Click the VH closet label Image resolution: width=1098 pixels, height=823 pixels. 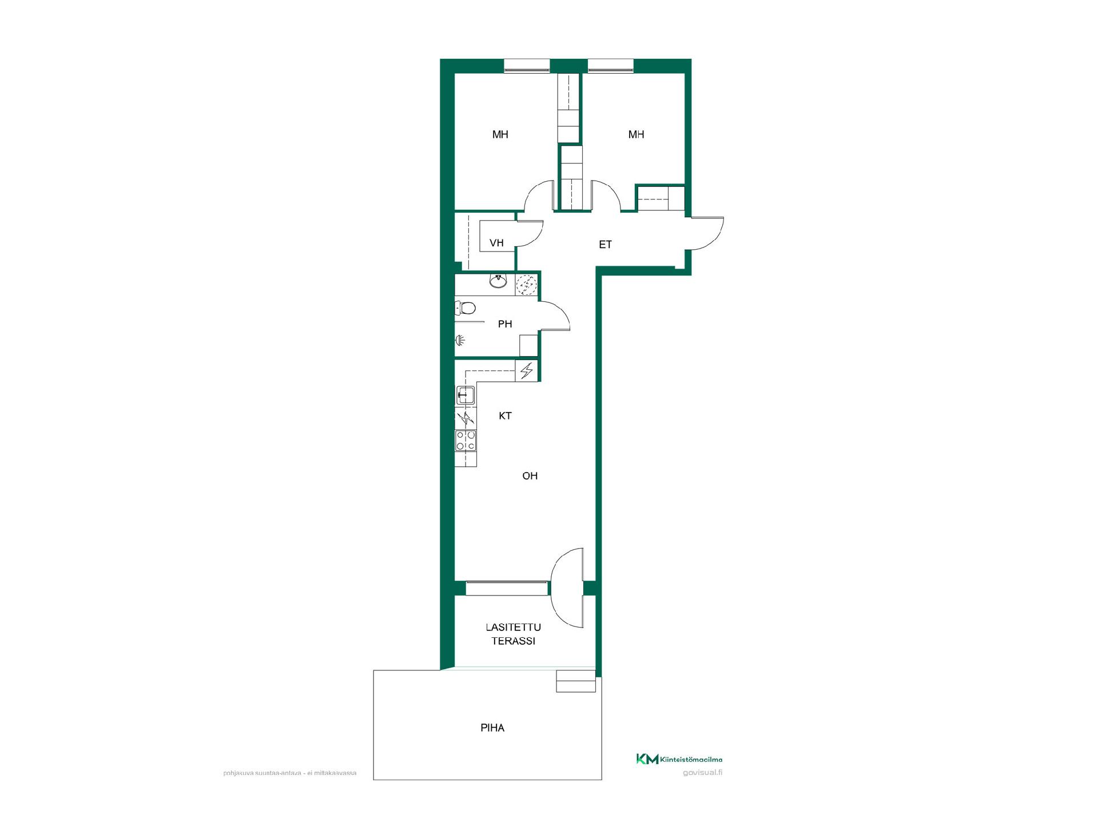point(496,243)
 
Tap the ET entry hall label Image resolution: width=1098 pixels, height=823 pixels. point(605,245)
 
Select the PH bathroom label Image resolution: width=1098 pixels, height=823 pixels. point(505,324)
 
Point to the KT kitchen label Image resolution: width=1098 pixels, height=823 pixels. point(505,416)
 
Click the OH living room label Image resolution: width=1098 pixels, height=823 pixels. point(530,476)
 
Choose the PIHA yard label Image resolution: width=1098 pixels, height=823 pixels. point(492,728)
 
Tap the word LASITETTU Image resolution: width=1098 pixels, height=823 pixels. point(514,627)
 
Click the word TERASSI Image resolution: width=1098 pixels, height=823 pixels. point(514,641)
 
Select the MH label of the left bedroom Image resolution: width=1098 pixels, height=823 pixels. point(500,134)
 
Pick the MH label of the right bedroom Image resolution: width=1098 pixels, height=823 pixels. point(636,134)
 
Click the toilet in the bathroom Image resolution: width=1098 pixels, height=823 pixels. point(466,309)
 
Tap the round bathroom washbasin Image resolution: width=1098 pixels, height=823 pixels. point(499,281)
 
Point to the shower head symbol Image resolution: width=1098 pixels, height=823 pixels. point(460,341)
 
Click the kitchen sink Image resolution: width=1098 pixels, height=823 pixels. point(466,395)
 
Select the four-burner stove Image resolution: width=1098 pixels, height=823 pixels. point(466,441)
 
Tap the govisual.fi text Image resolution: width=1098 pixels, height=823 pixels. point(703,773)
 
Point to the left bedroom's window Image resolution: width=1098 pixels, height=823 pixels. point(527,66)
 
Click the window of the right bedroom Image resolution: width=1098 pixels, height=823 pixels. point(611,66)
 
